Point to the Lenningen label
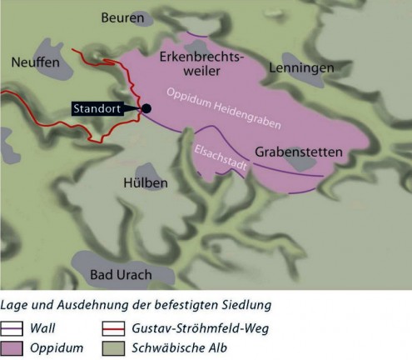(301, 67)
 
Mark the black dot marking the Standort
(146, 108)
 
